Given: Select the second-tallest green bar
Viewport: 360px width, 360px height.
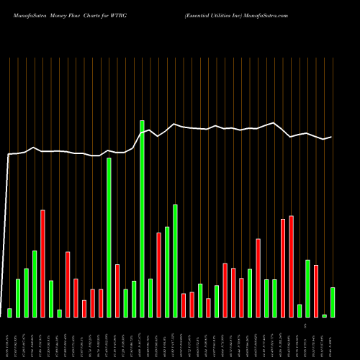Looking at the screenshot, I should coord(109,238).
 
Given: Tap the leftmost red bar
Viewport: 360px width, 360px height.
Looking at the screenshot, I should coord(42,263).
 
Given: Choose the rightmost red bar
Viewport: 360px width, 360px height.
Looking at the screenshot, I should coord(316,291).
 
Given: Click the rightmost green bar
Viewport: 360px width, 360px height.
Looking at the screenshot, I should coord(333,302).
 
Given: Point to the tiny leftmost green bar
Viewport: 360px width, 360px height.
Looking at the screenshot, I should coord(9,312).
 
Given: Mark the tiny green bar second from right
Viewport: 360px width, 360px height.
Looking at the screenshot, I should coord(325,315).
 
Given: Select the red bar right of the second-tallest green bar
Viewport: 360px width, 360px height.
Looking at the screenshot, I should coord(117,290).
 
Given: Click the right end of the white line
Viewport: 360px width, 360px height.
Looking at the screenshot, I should coord(331,137).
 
